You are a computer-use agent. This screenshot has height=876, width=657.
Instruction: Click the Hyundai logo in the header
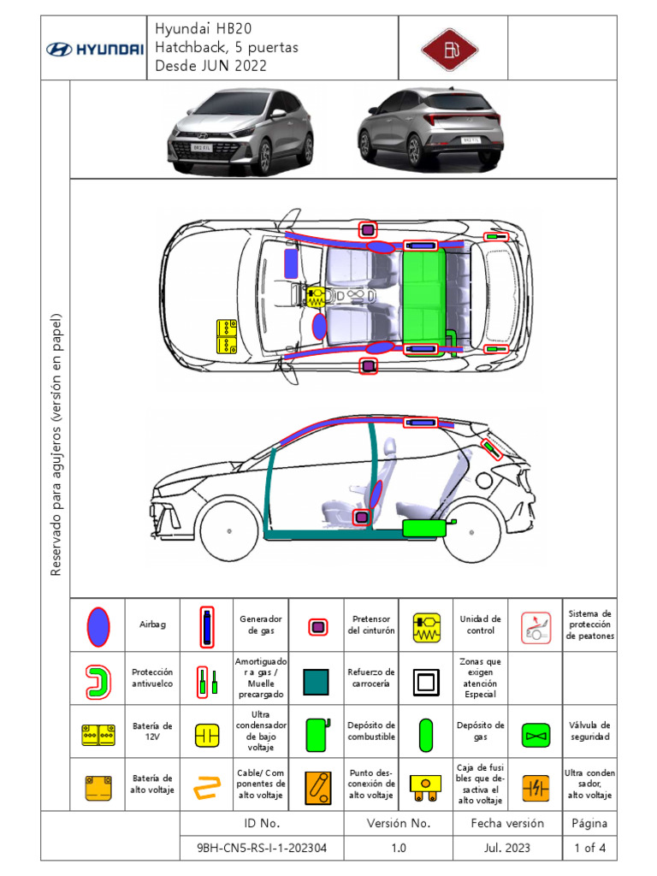[94, 49]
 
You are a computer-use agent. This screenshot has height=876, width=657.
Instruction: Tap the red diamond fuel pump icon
[453, 49]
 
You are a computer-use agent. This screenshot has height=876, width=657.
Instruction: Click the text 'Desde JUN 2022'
[210, 66]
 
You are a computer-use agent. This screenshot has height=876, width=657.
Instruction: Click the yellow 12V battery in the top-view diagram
[227, 336]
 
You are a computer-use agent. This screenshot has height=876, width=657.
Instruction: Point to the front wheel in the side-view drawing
[228, 530]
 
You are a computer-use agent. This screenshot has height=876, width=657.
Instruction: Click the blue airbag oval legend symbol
[98, 625]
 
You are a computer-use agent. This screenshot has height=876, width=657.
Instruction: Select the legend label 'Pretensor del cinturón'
[371, 625]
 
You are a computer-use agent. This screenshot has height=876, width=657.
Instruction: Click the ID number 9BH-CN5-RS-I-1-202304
[262, 848]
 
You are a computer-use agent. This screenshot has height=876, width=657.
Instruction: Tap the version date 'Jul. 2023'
[507, 848]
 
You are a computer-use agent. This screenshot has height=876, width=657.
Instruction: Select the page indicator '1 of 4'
[590, 848]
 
